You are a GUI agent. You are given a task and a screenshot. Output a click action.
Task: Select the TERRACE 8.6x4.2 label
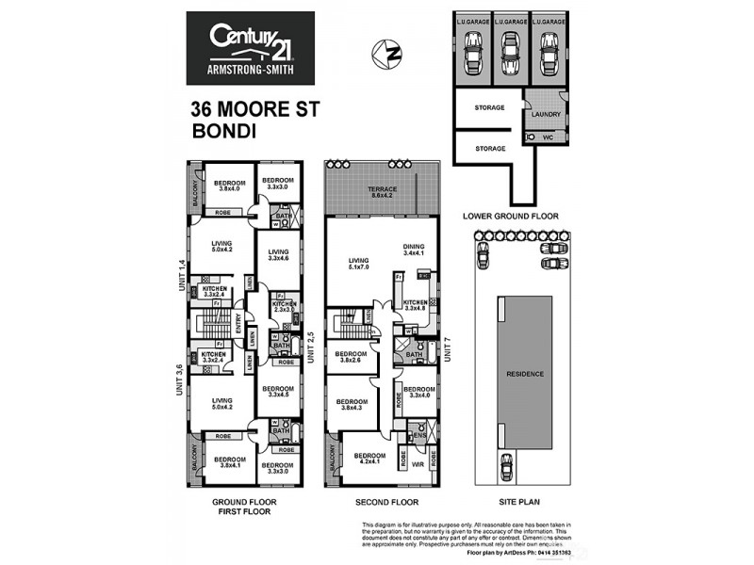[x=382, y=193]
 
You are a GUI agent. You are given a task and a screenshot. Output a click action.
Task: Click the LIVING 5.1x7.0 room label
[x=358, y=266]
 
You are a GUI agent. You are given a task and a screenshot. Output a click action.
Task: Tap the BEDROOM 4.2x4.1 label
[x=369, y=460]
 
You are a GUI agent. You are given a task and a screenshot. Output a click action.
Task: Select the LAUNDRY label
[x=546, y=114]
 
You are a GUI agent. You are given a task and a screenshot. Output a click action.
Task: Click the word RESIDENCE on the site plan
[x=526, y=374]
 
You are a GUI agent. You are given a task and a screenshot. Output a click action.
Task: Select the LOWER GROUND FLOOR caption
[x=510, y=216]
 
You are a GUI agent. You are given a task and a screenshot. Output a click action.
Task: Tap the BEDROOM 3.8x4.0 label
[x=229, y=186]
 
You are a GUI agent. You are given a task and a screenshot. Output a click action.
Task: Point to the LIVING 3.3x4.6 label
[x=278, y=255]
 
